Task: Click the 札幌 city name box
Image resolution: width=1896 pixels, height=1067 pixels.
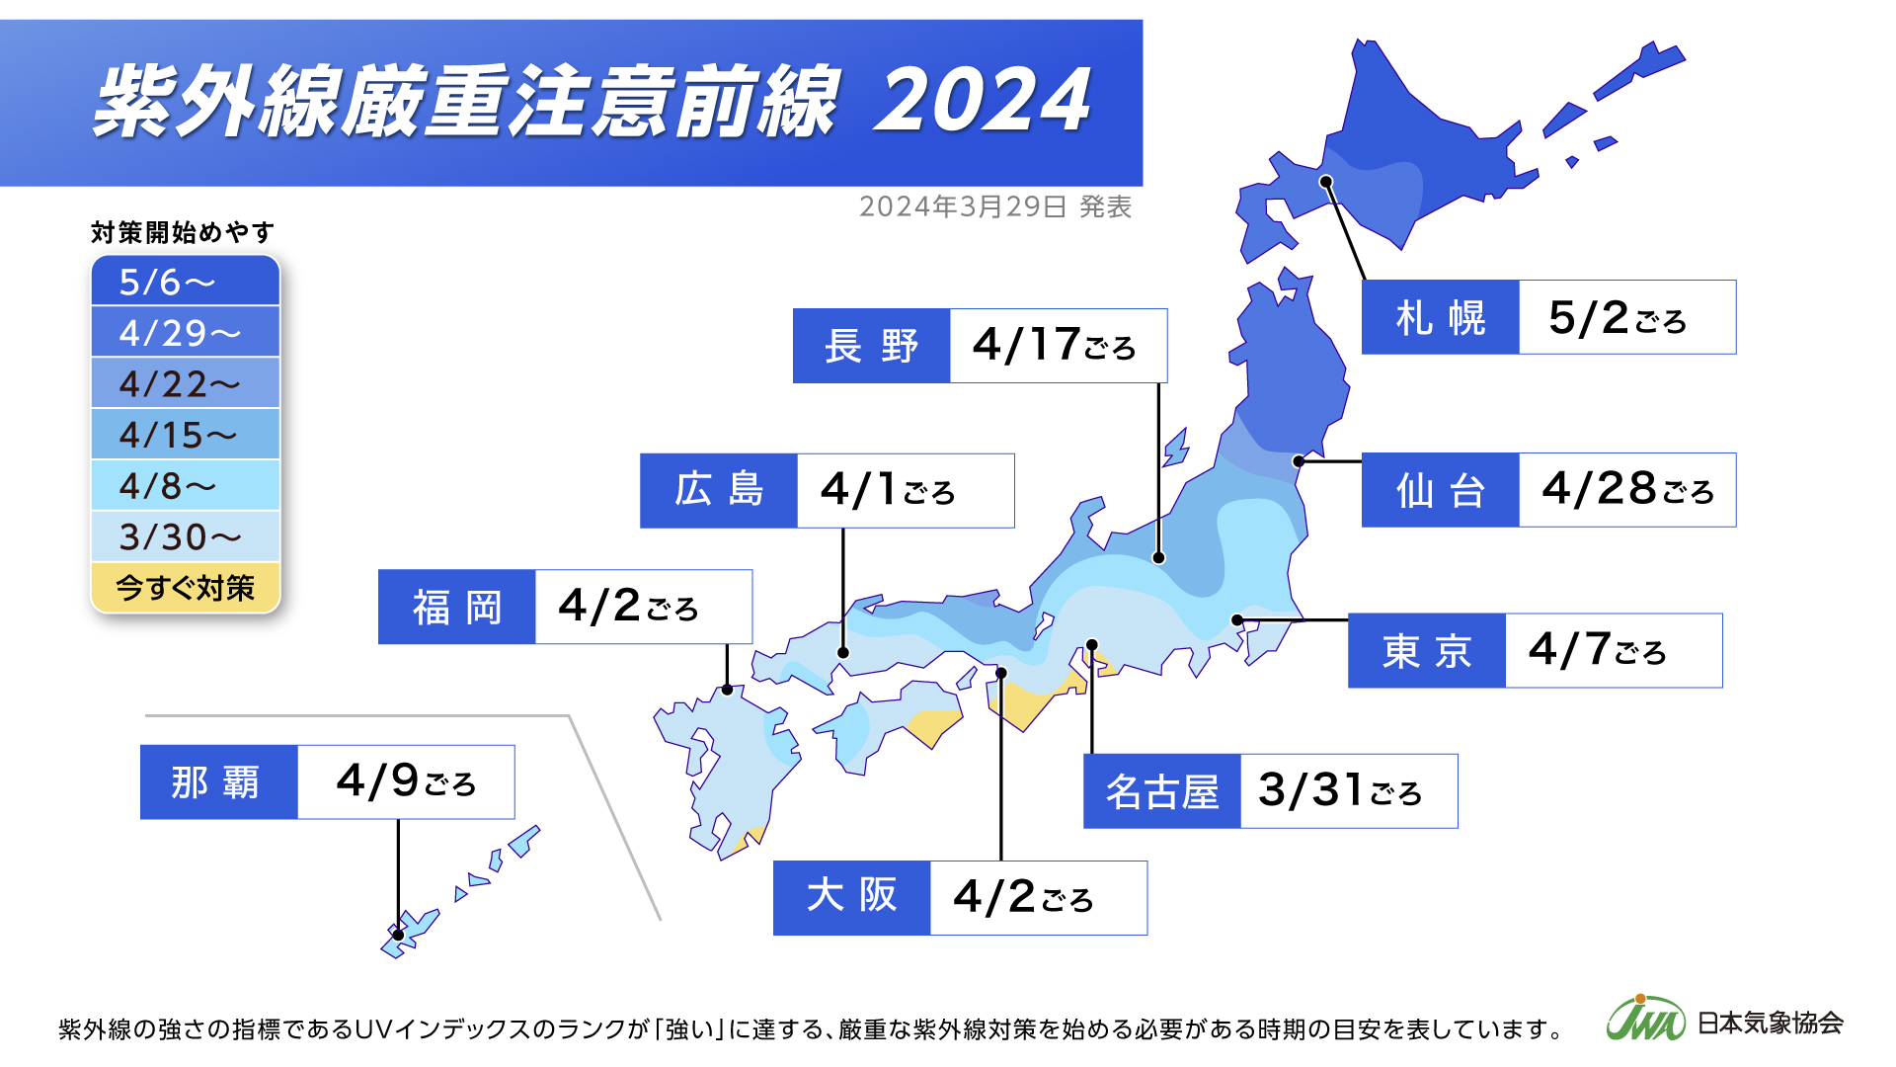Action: tap(1440, 317)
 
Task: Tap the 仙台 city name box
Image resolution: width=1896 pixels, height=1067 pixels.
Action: tap(1440, 490)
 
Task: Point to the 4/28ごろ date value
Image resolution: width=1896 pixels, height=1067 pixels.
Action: tap(1625, 490)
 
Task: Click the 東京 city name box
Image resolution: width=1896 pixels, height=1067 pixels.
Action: tap(1426, 650)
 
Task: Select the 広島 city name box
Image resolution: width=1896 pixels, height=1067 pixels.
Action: tap(718, 491)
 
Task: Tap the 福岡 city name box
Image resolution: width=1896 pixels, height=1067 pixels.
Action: tap(456, 607)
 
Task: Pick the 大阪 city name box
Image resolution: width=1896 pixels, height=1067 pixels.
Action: tap(851, 897)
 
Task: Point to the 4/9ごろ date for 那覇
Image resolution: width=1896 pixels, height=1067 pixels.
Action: tap(405, 781)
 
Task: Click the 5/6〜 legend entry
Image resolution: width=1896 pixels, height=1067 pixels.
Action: tap(186, 283)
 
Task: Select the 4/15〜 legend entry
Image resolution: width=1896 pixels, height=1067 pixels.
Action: tap(186, 435)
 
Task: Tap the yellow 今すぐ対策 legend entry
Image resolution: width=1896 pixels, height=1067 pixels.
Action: tap(186, 588)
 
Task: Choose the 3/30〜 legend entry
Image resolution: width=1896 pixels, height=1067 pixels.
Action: tap(186, 536)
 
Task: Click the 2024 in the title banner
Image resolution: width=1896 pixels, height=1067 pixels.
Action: tap(983, 101)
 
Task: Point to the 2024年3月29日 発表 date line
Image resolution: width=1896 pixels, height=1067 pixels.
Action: tap(995, 206)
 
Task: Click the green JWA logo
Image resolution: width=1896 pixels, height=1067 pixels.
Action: tap(1644, 1020)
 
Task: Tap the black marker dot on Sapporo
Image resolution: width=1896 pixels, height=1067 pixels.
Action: tap(1326, 182)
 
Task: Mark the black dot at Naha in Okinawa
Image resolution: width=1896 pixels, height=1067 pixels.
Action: tap(398, 935)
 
